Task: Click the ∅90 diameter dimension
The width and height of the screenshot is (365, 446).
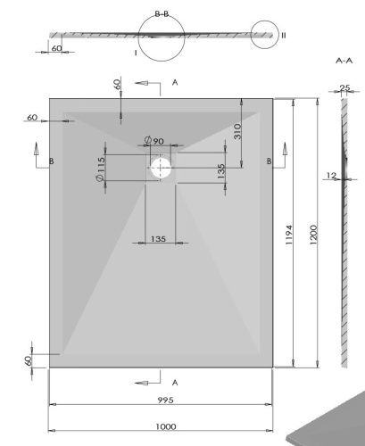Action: click(x=153, y=141)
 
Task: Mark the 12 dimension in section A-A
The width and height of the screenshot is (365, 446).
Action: click(x=330, y=176)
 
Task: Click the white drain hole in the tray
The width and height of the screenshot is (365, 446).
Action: click(x=161, y=167)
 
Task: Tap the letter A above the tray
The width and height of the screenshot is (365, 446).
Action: click(x=175, y=81)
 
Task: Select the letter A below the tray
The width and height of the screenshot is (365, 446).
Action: click(x=175, y=382)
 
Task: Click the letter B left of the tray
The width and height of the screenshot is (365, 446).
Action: click(x=51, y=161)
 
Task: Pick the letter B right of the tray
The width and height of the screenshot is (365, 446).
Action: click(x=269, y=161)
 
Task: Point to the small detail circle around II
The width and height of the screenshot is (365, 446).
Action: click(x=267, y=36)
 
